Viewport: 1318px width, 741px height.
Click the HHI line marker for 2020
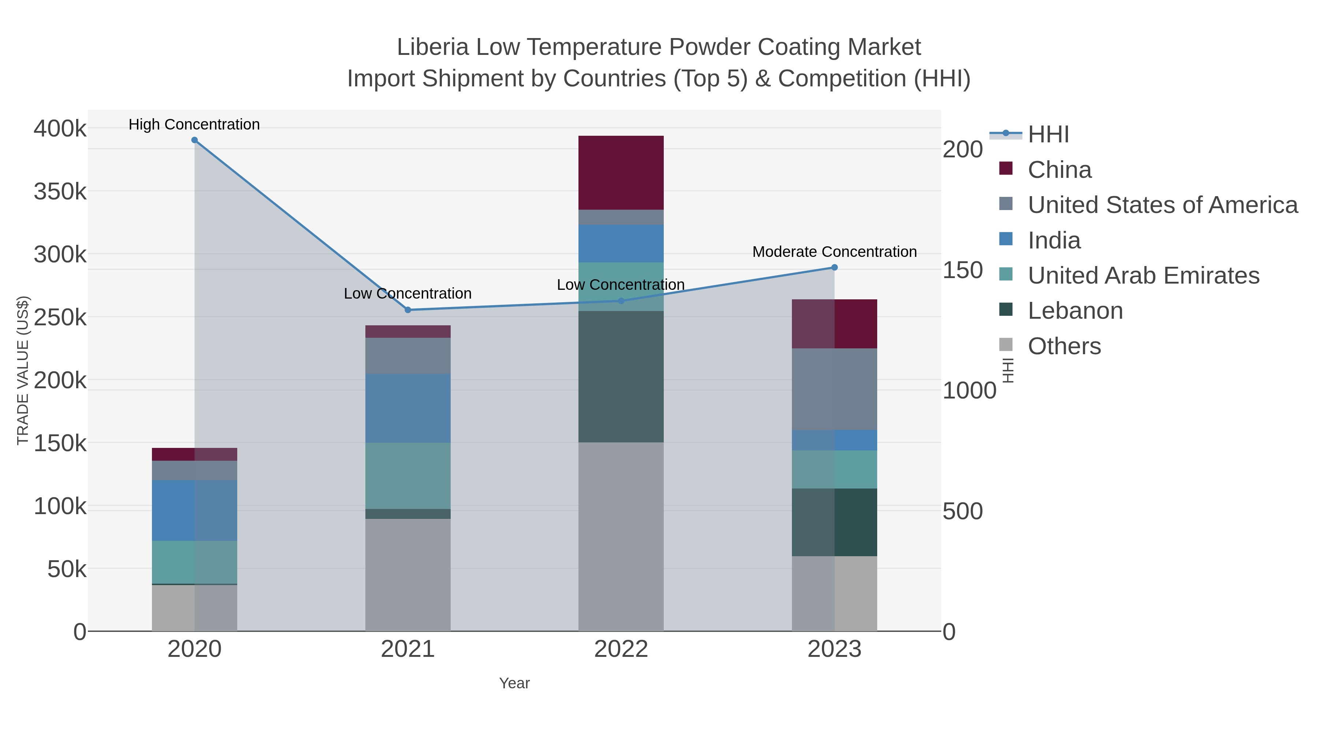(194, 140)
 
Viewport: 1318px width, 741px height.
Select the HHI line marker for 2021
(408, 310)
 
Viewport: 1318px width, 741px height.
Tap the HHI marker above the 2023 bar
(834, 267)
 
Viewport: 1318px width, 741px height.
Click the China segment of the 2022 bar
(621, 173)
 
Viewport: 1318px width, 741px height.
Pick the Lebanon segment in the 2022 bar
(621, 377)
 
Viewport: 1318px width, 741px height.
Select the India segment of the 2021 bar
(408, 408)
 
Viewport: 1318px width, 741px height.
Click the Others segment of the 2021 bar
(408, 575)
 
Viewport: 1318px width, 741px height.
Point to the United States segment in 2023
(834, 389)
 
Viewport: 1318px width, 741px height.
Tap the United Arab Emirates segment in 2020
(194, 562)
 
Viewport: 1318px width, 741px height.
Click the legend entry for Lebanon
(1075, 311)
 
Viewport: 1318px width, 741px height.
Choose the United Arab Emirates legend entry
(1143, 276)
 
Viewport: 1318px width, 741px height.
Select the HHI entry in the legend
(1048, 135)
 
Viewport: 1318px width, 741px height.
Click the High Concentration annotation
(194, 124)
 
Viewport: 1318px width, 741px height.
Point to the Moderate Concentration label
(834, 252)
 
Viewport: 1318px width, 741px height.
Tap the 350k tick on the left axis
(60, 192)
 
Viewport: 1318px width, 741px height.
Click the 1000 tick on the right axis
(969, 391)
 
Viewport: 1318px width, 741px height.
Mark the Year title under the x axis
(514, 683)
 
